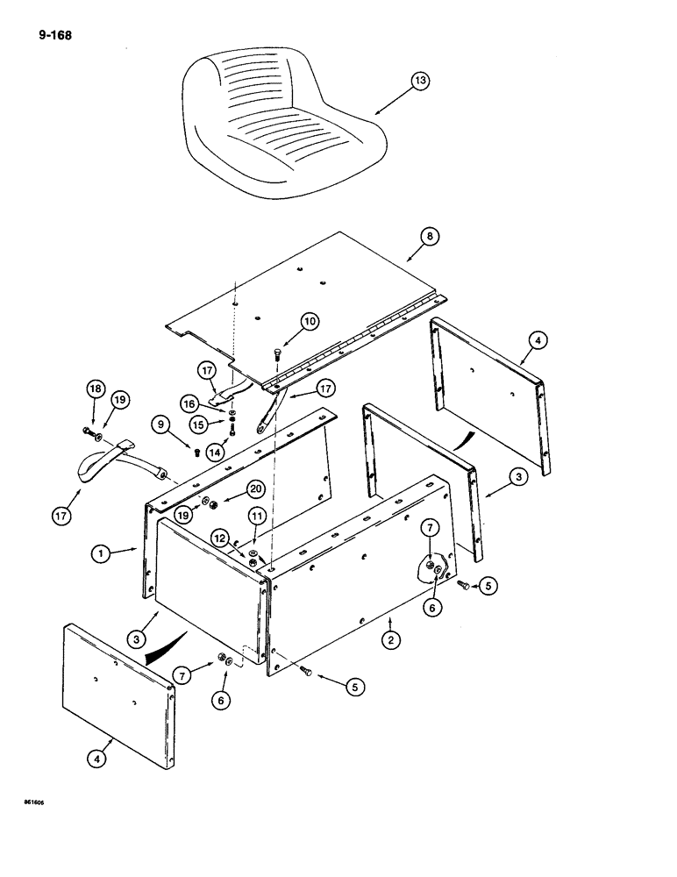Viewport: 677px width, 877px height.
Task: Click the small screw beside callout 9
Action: [196, 451]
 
